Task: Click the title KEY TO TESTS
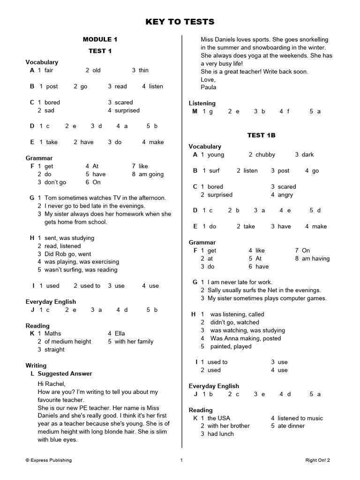180,22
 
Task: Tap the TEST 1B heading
261,135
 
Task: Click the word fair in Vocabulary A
49,70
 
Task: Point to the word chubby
265,155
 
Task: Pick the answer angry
285,195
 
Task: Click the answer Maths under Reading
52,333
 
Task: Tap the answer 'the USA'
218,418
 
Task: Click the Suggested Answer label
65,374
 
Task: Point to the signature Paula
209,87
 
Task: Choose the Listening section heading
202,103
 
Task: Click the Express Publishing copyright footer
49,460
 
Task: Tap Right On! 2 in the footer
317,460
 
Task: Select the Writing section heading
36,365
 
